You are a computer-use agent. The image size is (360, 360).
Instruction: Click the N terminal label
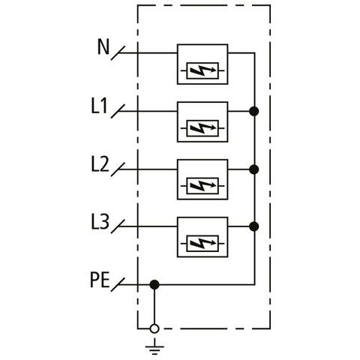(103, 47)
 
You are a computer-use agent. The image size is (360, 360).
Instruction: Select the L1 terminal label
(99, 106)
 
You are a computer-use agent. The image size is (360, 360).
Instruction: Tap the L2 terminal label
(100, 164)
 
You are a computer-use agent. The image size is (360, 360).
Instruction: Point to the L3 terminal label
(100, 222)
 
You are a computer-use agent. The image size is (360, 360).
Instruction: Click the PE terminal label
(100, 280)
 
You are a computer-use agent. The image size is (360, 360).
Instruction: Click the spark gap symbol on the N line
(202, 70)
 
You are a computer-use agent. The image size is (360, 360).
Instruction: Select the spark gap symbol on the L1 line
(202, 128)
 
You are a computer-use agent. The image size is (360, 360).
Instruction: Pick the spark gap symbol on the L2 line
(202, 186)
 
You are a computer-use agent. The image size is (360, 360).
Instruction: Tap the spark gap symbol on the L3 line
(202, 244)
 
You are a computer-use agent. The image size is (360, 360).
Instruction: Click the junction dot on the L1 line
(254, 111)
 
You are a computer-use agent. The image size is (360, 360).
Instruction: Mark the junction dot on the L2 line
(254, 169)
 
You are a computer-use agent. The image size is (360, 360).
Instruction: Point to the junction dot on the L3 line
(254, 226)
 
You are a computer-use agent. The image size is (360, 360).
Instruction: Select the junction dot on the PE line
(154, 284)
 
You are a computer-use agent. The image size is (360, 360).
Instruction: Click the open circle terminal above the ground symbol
(154, 328)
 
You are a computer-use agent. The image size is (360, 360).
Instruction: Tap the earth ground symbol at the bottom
(154, 347)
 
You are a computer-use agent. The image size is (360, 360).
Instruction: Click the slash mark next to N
(118, 53)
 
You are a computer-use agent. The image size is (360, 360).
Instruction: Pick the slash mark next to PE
(118, 284)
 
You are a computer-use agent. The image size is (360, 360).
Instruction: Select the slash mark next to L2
(118, 169)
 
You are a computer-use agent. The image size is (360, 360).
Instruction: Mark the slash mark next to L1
(118, 111)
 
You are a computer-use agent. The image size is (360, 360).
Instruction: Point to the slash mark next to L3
(118, 226)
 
